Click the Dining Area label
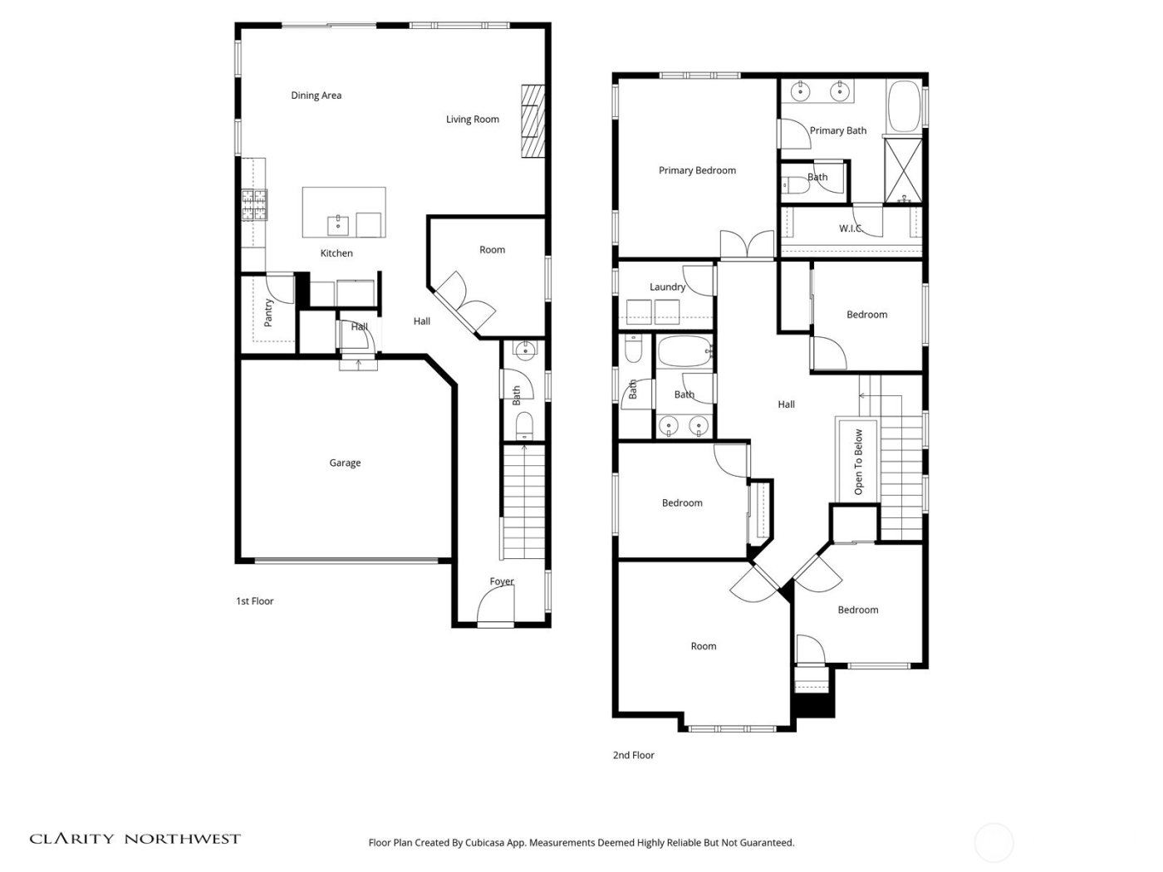(x=316, y=96)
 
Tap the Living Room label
(x=472, y=120)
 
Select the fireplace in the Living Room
(x=532, y=120)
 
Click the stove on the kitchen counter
(x=254, y=205)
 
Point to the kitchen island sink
(x=338, y=223)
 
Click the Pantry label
(x=268, y=312)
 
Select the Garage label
(x=345, y=463)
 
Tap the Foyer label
(x=501, y=581)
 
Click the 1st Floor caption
(x=254, y=601)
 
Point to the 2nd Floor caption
(x=633, y=756)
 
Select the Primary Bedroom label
(x=697, y=171)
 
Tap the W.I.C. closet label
(x=851, y=228)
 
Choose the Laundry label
(x=667, y=287)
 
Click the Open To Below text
(x=858, y=462)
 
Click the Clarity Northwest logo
(x=135, y=839)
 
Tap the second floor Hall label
(x=786, y=404)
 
